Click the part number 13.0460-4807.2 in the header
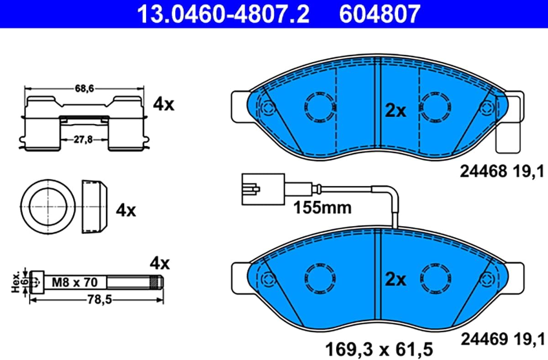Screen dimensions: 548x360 pos(223,15)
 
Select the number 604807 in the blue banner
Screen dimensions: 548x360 pos(379,15)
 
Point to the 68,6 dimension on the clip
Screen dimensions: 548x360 pos(84,89)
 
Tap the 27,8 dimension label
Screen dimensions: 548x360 pos(83,140)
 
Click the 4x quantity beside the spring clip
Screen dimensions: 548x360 pos(163,104)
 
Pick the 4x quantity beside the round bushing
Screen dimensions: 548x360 pos(126,210)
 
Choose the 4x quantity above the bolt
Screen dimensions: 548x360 pos(160,263)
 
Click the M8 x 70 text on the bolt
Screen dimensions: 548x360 pos(74,282)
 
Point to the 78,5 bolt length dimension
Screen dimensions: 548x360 pos(100,300)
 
